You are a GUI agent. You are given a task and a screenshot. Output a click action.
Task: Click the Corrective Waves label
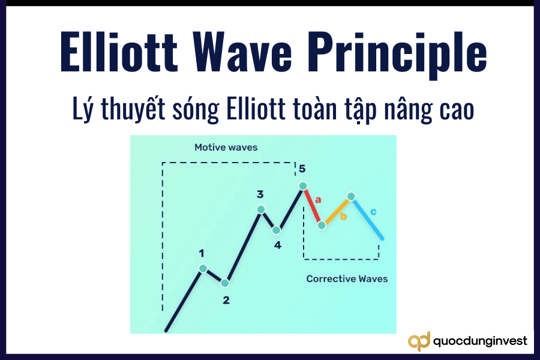(x=347, y=278)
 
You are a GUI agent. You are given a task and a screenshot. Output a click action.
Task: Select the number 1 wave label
(x=202, y=254)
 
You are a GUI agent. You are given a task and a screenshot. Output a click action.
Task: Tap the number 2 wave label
(x=226, y=300)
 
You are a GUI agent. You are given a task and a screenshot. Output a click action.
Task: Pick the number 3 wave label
(x=260, y=194)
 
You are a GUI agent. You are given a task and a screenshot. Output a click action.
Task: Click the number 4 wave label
(x=278, y=245)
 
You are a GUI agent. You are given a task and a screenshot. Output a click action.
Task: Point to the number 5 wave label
(x=302, y=169)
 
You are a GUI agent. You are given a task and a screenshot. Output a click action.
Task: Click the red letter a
(x=319, y=199)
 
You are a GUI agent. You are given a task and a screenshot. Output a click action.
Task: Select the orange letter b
(x=344, y=216)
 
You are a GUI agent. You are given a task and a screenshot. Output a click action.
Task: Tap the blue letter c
(x=373, y=211)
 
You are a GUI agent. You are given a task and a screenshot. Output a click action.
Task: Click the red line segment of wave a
(x=313, y=206)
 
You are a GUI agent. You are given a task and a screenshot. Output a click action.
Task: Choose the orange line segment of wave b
(x=337, y=210)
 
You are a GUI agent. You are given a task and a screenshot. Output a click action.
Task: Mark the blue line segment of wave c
(x=367, y=218)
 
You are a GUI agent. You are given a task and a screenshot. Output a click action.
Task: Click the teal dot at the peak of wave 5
(x=303, y=186)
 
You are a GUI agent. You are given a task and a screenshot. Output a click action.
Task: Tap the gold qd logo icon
(x=419, y=341)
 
